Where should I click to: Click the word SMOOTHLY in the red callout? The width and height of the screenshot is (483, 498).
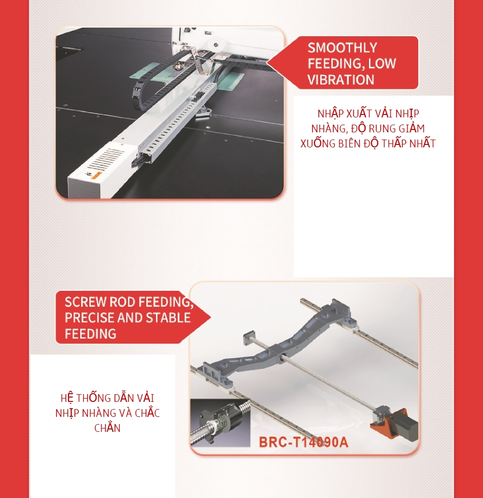click(x=342, y=48)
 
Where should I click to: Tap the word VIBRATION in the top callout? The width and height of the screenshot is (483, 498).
click(x=341, y=80)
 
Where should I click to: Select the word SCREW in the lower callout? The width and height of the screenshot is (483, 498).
click(x=85, y=302)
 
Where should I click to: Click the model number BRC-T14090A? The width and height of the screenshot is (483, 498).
click(x=304, y=442)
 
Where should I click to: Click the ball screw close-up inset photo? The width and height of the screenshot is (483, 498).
click(x=220, y=423)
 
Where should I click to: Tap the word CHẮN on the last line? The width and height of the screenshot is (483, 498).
click(x=107, y=428)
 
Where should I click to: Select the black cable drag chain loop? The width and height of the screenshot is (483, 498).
click(x=149, y=83)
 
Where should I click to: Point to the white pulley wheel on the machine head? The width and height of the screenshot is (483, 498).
click(x=216, y=44)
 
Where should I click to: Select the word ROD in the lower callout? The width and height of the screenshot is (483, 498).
click(x=122, y=302)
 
